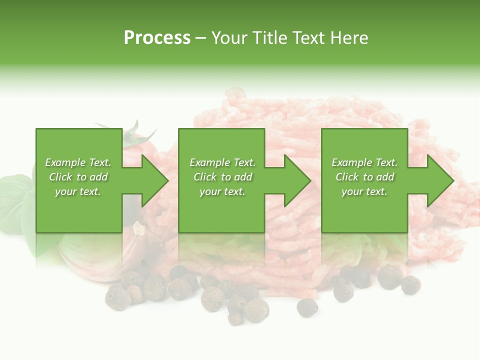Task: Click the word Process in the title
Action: (x=157, y=38)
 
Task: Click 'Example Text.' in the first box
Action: (x=78, y=162)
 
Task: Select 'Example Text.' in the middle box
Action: (x=222, y=162)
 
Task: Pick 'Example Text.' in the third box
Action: (x=364, y=162)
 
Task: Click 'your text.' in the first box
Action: (x=78, y=191)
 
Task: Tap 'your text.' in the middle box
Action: (x=222, y=191)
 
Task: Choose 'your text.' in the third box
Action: (x=364, y=191)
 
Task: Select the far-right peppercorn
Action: (x=410, y=284)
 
